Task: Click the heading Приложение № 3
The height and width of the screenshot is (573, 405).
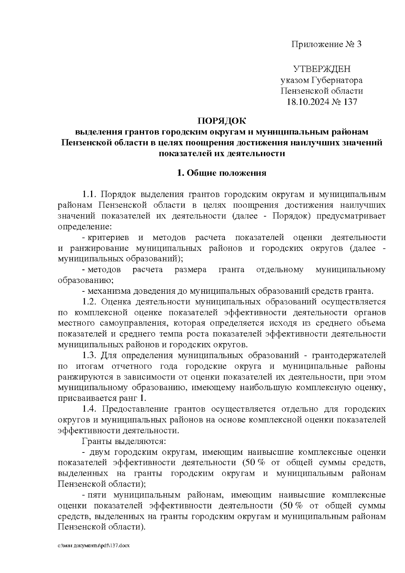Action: (326, 45)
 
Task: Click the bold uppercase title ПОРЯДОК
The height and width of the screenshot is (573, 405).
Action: (222, 121)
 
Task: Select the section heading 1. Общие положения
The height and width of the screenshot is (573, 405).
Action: (222, 173)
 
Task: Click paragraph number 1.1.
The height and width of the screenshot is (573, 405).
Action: (90, 195)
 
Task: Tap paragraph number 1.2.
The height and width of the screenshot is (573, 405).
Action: (90, 302)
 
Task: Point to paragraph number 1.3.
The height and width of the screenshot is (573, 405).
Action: (90, 356)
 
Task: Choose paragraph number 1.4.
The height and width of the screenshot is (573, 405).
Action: (90, 409)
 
